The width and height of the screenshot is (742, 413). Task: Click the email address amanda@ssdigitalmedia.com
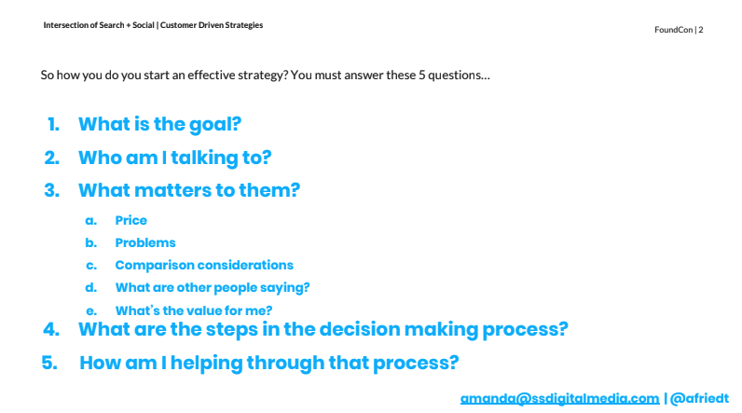tap(559, 398)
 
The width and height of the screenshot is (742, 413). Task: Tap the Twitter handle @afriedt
tap(699, 398)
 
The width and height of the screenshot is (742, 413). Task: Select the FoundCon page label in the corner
tap(679, 29)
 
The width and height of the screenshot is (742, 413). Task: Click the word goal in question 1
tap(215, 125)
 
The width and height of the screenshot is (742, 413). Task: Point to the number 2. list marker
tap(52, 158)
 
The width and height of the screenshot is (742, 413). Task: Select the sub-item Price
tap(131, 220)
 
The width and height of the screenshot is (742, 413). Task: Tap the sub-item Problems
tap(145, 242)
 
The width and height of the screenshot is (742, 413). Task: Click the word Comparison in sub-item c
tap(146, 266)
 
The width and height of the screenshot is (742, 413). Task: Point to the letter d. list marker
tap(90, 288)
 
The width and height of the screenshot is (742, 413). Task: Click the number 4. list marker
tap(51, 329)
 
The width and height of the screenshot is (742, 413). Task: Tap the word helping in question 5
tap(206, 364)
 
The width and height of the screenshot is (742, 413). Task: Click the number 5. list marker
tap(49, 363)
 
